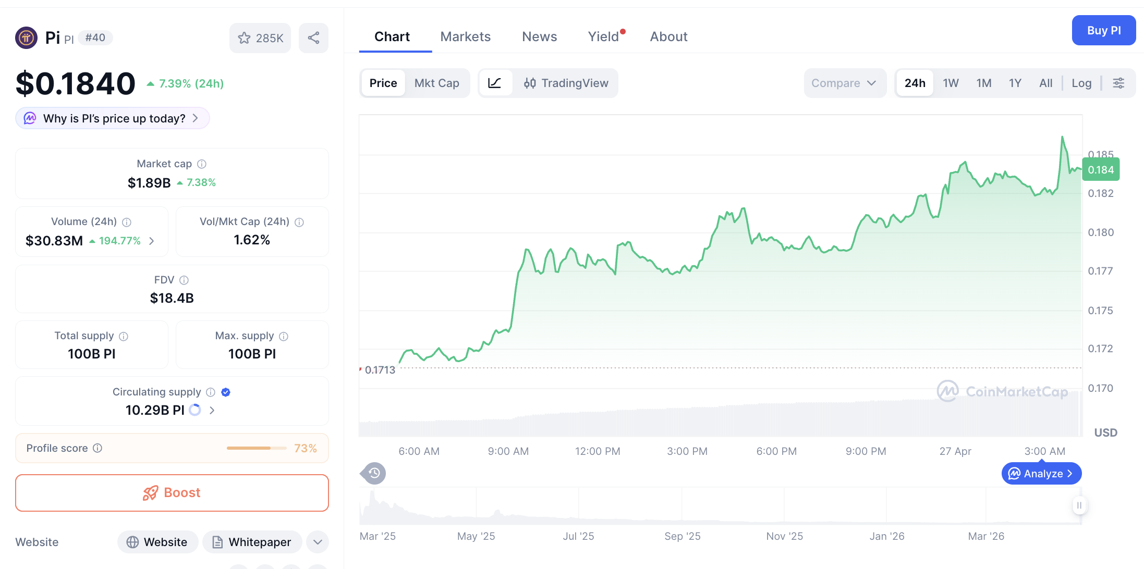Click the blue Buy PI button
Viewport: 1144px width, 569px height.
[x=1103, y=30]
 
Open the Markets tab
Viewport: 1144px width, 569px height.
[x=465, y=36]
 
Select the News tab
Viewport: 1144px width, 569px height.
[x=539, y=36]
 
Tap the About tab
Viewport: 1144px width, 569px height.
[x=668, y=36]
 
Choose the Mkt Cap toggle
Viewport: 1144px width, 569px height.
[x=436, y=83]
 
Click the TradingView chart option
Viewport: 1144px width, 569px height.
[x=566, y=83]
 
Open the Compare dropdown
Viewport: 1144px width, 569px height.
[x=843, y=83]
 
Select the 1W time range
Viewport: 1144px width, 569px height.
[x=951, y=83]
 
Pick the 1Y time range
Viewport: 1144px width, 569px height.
[x=1015, y=83]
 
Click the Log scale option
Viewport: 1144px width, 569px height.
[x=1081, y=83]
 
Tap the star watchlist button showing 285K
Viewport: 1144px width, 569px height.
[x=260, y=38]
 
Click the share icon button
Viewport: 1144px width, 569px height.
[x=313, y=38]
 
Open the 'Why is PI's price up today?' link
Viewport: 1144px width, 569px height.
[x=113, y=118]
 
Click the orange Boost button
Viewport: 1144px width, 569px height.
[x=172, y=492]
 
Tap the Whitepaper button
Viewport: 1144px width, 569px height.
[x=252, y=542]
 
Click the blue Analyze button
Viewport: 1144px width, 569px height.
[x=1041, y=473]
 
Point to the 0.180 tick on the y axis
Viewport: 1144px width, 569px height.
[x=1100, y=232]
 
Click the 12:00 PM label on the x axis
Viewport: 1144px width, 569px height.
[x=598, y=451]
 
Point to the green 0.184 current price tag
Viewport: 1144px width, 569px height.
[x=1100, y=170]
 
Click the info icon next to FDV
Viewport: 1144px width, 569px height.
[x=184, y=280]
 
